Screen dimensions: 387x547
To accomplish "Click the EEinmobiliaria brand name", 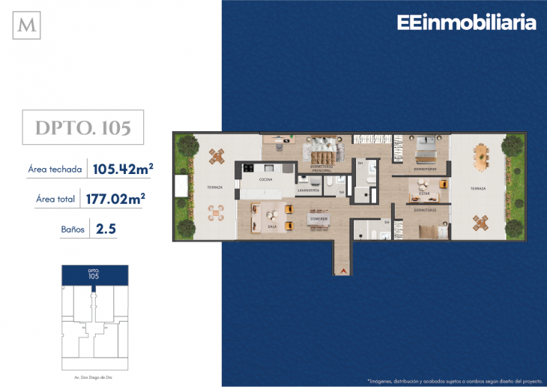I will (x=466, y=23).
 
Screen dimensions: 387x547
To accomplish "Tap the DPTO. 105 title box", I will (x=83, y=127).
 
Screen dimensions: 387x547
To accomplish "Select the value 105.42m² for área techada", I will (x=122, y=169).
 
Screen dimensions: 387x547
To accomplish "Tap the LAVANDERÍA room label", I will (x=309, y=190).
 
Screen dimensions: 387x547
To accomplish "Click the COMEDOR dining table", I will (x=318, y=218).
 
